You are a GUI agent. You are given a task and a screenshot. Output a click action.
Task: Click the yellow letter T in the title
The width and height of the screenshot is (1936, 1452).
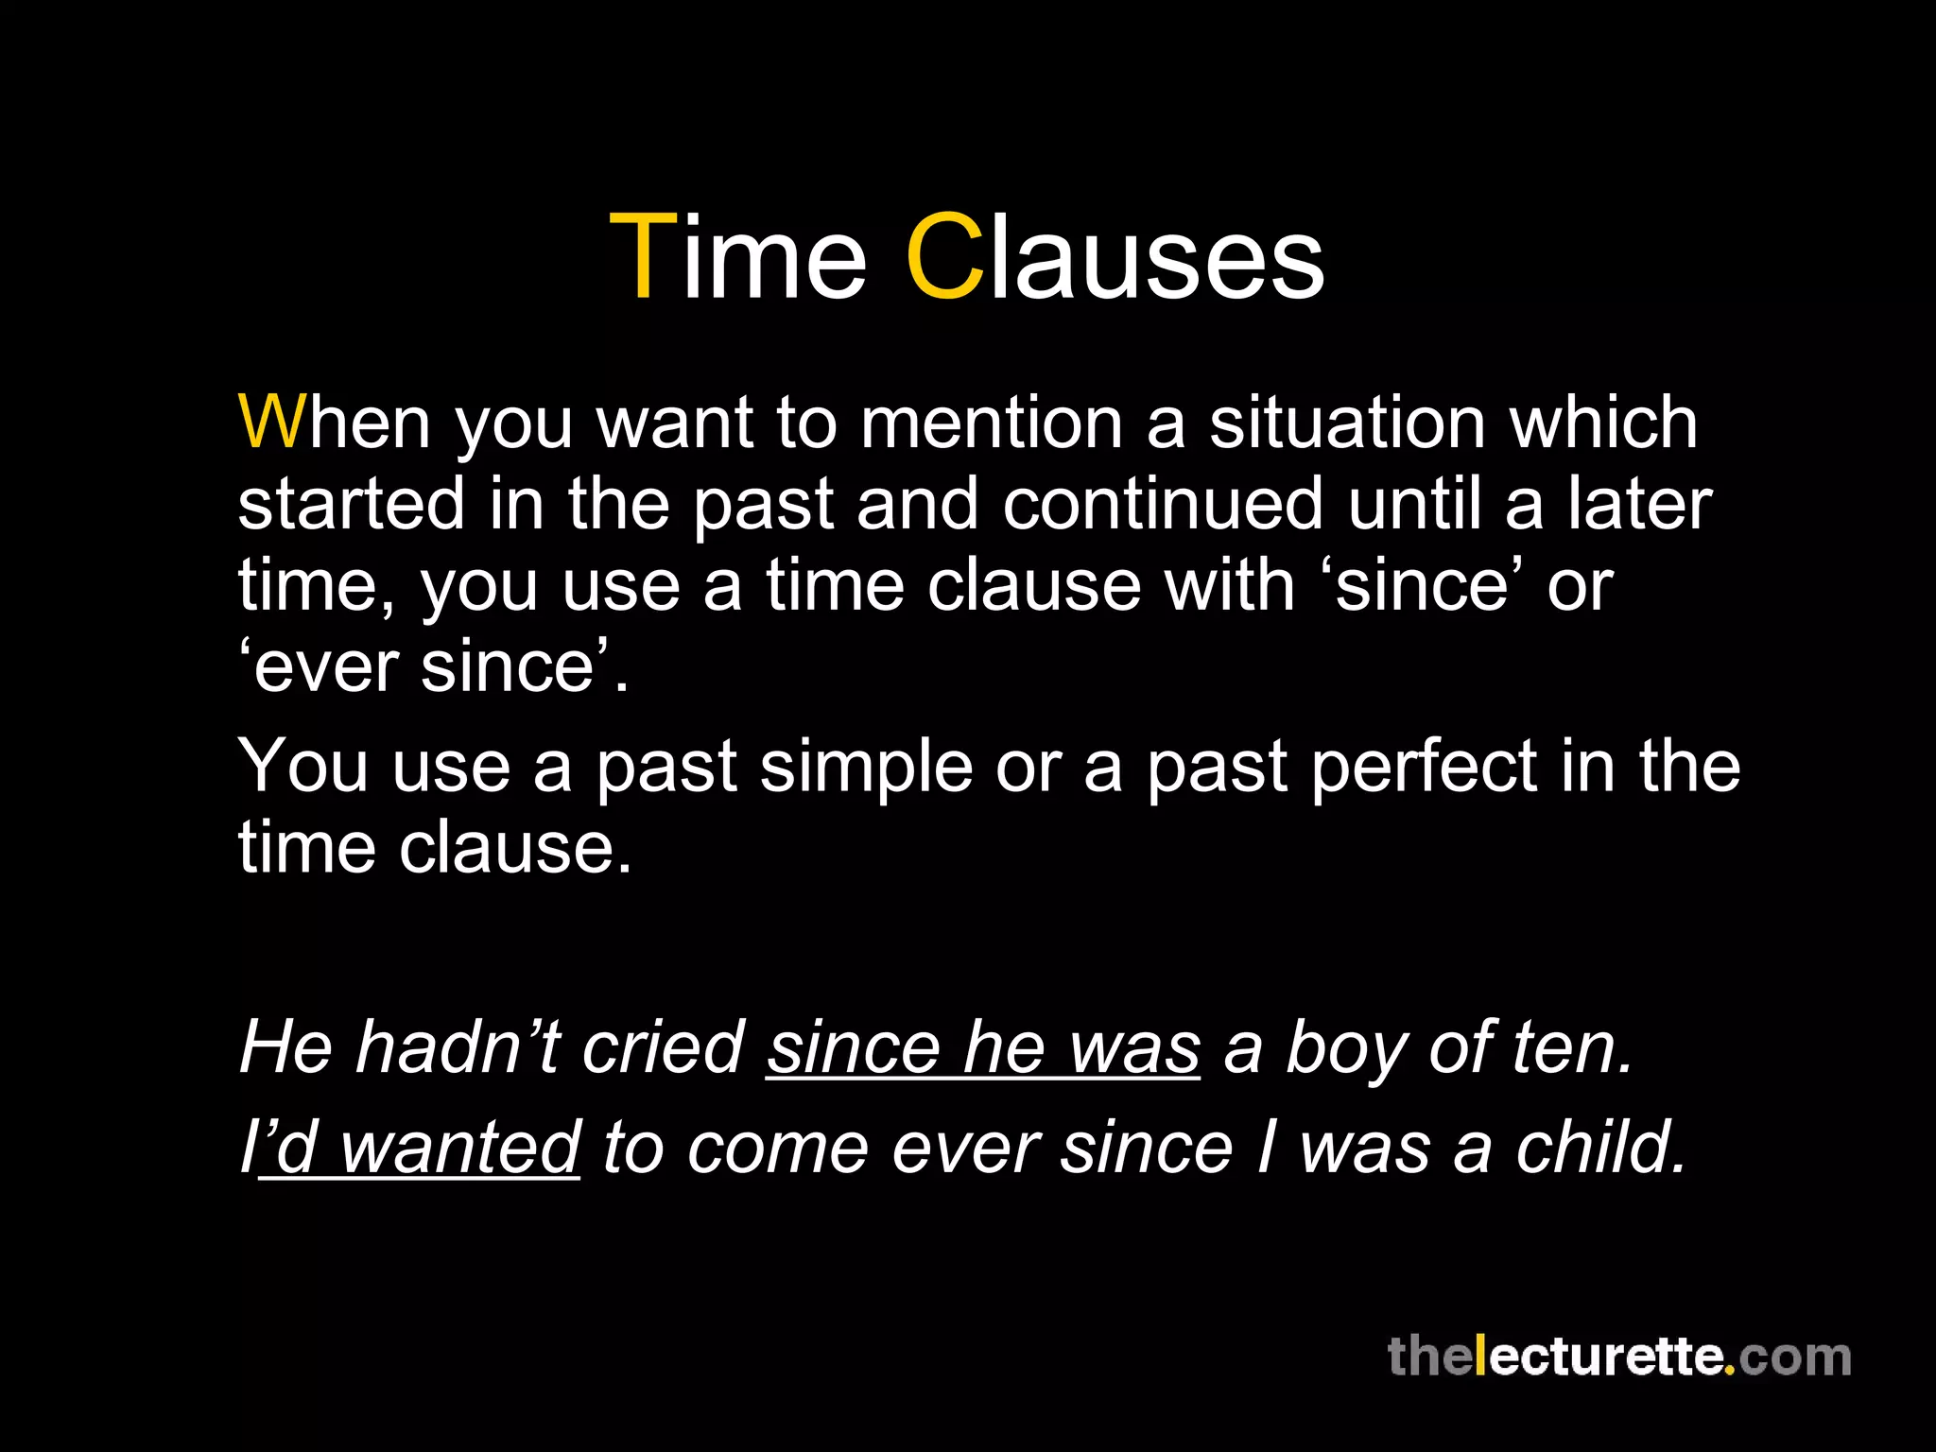[645, 257]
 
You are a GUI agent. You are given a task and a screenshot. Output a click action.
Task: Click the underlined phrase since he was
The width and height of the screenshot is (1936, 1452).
[983, 1049]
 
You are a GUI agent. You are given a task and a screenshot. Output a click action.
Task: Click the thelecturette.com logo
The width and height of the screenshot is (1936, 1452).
[1618, 1357]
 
